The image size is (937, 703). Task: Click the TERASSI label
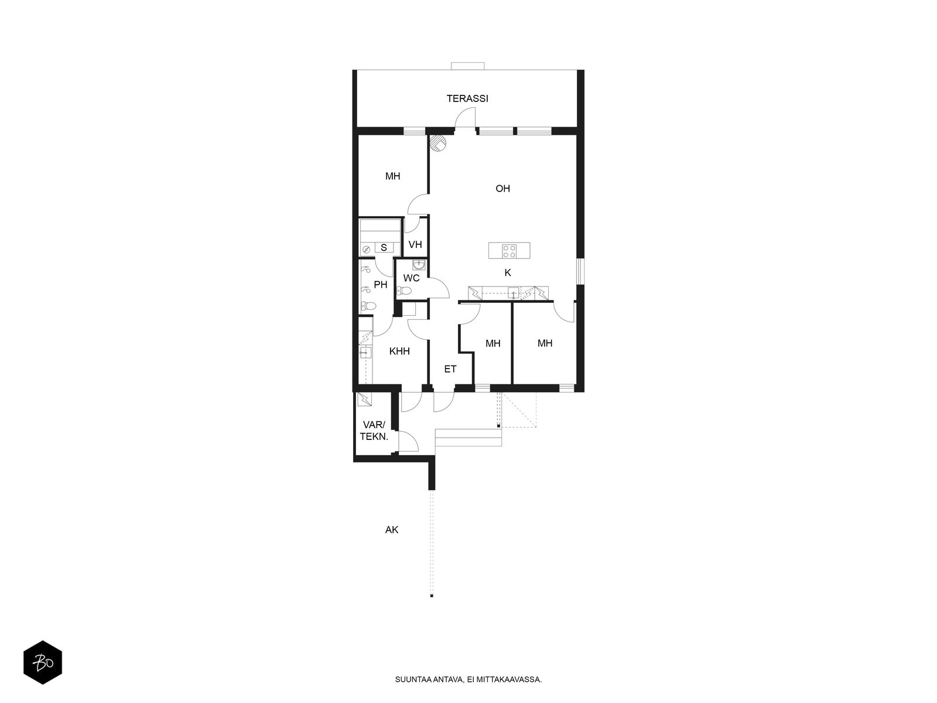tap(467, 98)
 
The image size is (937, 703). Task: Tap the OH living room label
tap(502, 188)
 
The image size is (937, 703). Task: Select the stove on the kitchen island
tap(508, 251)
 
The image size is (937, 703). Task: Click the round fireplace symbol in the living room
tap(437, 142)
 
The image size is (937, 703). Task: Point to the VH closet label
tap(415, 244)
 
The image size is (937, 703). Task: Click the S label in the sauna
tap(384, 248)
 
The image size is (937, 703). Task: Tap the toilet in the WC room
tap(404, 291)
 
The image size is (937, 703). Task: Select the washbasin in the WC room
tap(419, 265)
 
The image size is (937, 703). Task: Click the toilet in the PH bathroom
tap(368, 306)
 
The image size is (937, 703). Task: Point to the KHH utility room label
tap(399, 351)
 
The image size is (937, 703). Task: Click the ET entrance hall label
tap(450, 369)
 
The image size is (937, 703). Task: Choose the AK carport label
tap(391, 530)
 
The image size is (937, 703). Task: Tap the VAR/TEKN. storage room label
tap(374, 431)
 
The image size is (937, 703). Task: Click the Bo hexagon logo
tap(43, 663)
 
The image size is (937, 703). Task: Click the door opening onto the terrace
tap(465, 117)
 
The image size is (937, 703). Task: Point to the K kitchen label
tap(508, 273)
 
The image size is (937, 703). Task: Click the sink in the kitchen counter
tap(513, 293)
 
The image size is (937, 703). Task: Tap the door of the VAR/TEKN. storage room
tap(408, 441)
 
